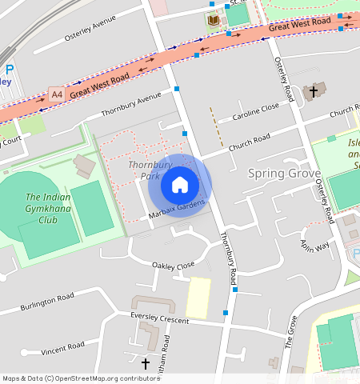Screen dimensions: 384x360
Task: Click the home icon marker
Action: tap(180, 185)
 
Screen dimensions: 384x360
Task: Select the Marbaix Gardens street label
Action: tap(176, 210)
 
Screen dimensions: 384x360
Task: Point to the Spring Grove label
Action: tap(284, 173)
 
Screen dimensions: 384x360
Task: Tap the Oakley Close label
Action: tap(174, 265)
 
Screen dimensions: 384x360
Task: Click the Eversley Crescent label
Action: tap(160, 319)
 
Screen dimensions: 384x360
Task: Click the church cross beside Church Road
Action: tap(314, 92)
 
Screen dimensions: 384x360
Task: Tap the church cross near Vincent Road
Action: tap(145, 364)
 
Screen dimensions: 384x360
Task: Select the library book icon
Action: tap(213, 20)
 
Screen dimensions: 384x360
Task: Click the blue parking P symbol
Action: tap(9, 70)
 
